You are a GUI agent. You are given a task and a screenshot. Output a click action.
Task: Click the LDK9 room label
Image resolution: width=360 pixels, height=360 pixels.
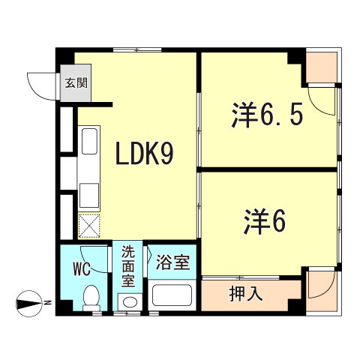[145, 154]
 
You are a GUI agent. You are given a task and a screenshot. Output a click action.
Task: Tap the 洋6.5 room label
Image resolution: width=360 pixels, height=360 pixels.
[266, 115]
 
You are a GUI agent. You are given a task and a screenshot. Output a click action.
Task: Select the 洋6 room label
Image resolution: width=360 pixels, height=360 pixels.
[265, 220]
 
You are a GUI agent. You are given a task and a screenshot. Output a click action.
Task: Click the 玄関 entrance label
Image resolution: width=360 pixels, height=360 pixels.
[74, 82]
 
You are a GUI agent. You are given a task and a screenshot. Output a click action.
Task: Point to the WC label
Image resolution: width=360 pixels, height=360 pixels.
[82, 266]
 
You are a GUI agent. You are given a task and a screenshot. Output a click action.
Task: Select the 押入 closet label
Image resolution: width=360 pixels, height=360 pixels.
[245, 294]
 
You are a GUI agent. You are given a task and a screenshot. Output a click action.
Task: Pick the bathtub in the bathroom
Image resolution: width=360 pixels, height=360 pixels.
[173, 295]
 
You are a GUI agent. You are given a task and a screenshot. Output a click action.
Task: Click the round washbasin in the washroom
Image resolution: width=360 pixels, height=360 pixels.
[129, 302]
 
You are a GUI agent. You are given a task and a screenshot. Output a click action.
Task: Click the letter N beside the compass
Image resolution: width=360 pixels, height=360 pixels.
[46, 303]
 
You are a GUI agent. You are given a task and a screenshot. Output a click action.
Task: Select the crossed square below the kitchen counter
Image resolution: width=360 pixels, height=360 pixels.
[88, 225]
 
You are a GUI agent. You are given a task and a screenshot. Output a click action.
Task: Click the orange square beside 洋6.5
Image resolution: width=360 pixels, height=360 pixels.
[320, 67]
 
